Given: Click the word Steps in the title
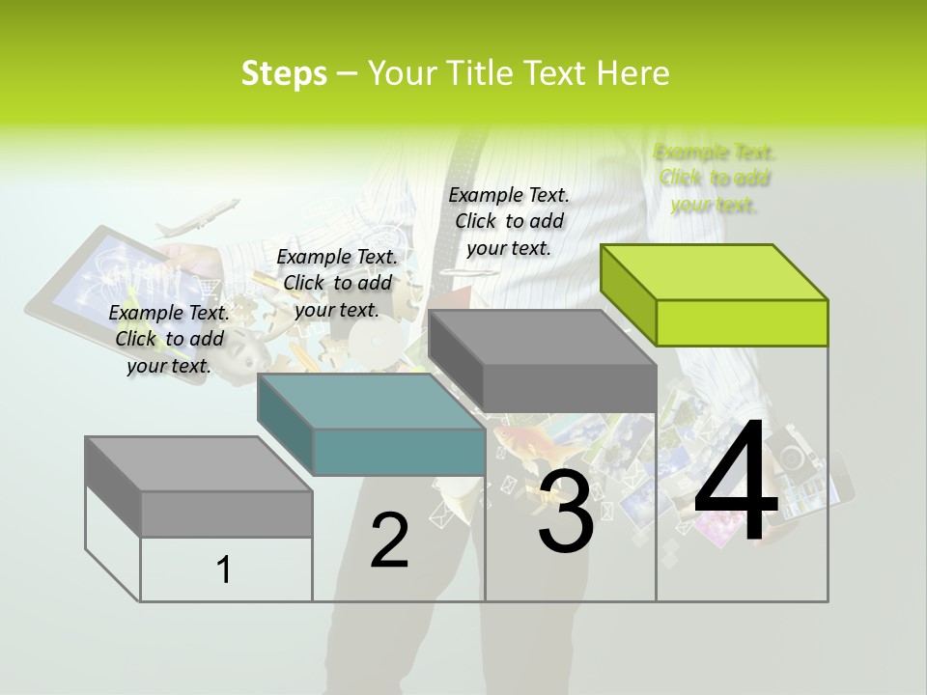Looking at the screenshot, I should [x=284, y=73].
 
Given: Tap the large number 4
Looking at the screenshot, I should [x=736, y=483].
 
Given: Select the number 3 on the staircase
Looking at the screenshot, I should [x=566, y=513].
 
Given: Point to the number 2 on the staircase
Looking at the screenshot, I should [x=389, y=541].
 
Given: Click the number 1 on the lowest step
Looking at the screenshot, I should [x=224, y=570].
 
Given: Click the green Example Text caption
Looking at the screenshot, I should [x=715, y=179].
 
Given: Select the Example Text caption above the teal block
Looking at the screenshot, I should [x=337, y=283].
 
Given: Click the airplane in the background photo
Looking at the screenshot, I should [x=198, y=218].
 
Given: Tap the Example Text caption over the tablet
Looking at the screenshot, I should [x=169, y=339].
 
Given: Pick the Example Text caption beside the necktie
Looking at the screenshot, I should [x=509, y=221].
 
